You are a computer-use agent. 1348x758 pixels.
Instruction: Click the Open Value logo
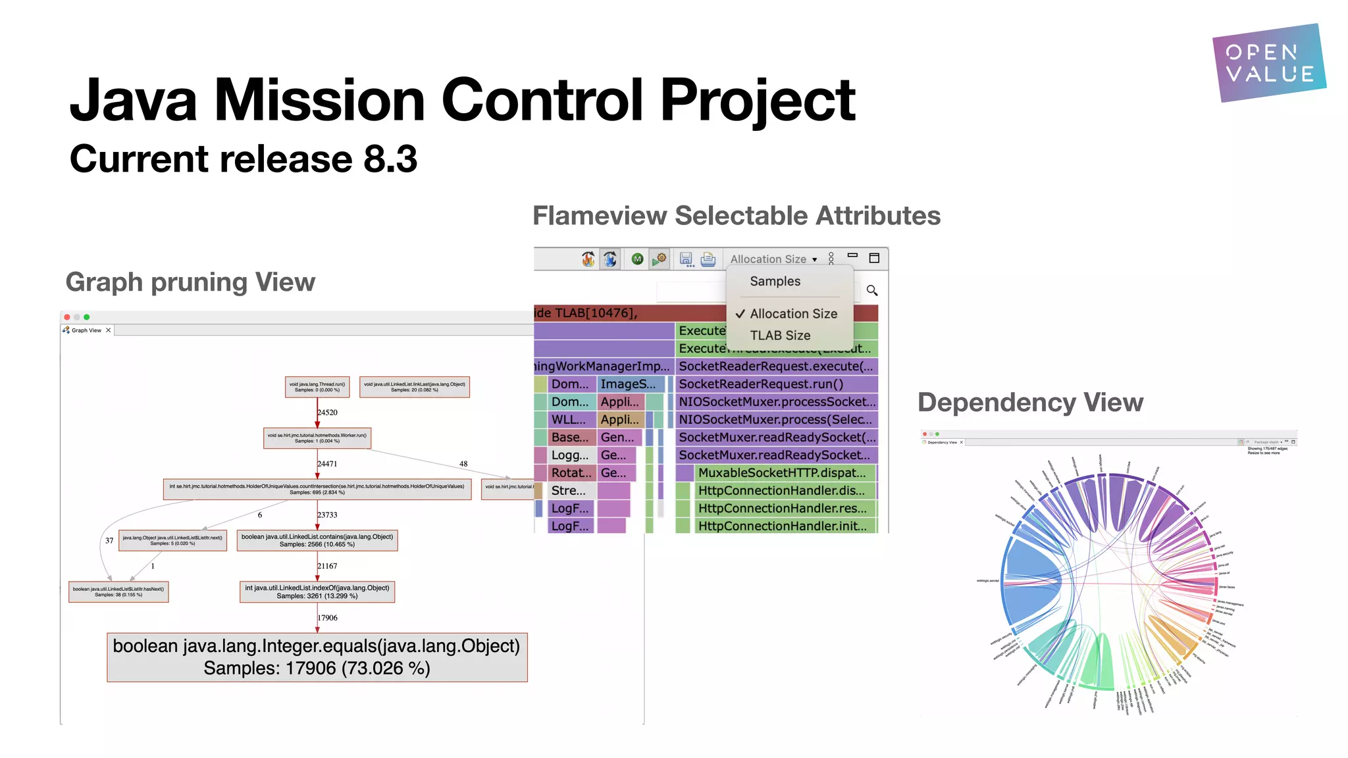(x=1268, y=63)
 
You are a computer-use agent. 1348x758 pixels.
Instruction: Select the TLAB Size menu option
(x=780, y=336)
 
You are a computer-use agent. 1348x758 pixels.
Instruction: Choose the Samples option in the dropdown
(x=775, y=282)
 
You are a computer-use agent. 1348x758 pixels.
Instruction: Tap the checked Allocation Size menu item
(x=793, y=314)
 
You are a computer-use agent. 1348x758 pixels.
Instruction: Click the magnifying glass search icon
(x=872, y=290)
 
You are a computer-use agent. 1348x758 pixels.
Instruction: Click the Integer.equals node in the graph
(x=317, y=657)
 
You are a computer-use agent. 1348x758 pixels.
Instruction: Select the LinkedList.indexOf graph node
(x=317, y=592)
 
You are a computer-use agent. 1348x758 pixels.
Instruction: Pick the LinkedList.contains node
(x=317, y=540)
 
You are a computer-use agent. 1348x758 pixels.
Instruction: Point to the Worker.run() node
(x=317, y=438)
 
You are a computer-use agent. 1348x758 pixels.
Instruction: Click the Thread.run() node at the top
(x=317, y=387)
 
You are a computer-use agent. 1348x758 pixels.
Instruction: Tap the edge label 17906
(x=327, y=618)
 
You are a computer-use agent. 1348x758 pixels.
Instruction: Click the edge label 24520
(x=327, y=413)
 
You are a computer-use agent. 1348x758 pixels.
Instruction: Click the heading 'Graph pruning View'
(x=190, y=282)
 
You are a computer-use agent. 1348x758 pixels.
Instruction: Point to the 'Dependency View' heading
(x=1030, y=403)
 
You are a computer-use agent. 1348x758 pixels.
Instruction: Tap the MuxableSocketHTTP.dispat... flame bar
(x=781, y=473)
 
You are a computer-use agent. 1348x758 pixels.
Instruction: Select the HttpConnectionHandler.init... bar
(x=782, y=526)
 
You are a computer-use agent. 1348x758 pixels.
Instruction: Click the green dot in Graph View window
(x=87, y=317)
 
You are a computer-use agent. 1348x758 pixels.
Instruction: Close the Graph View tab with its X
(x=109, y=330)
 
